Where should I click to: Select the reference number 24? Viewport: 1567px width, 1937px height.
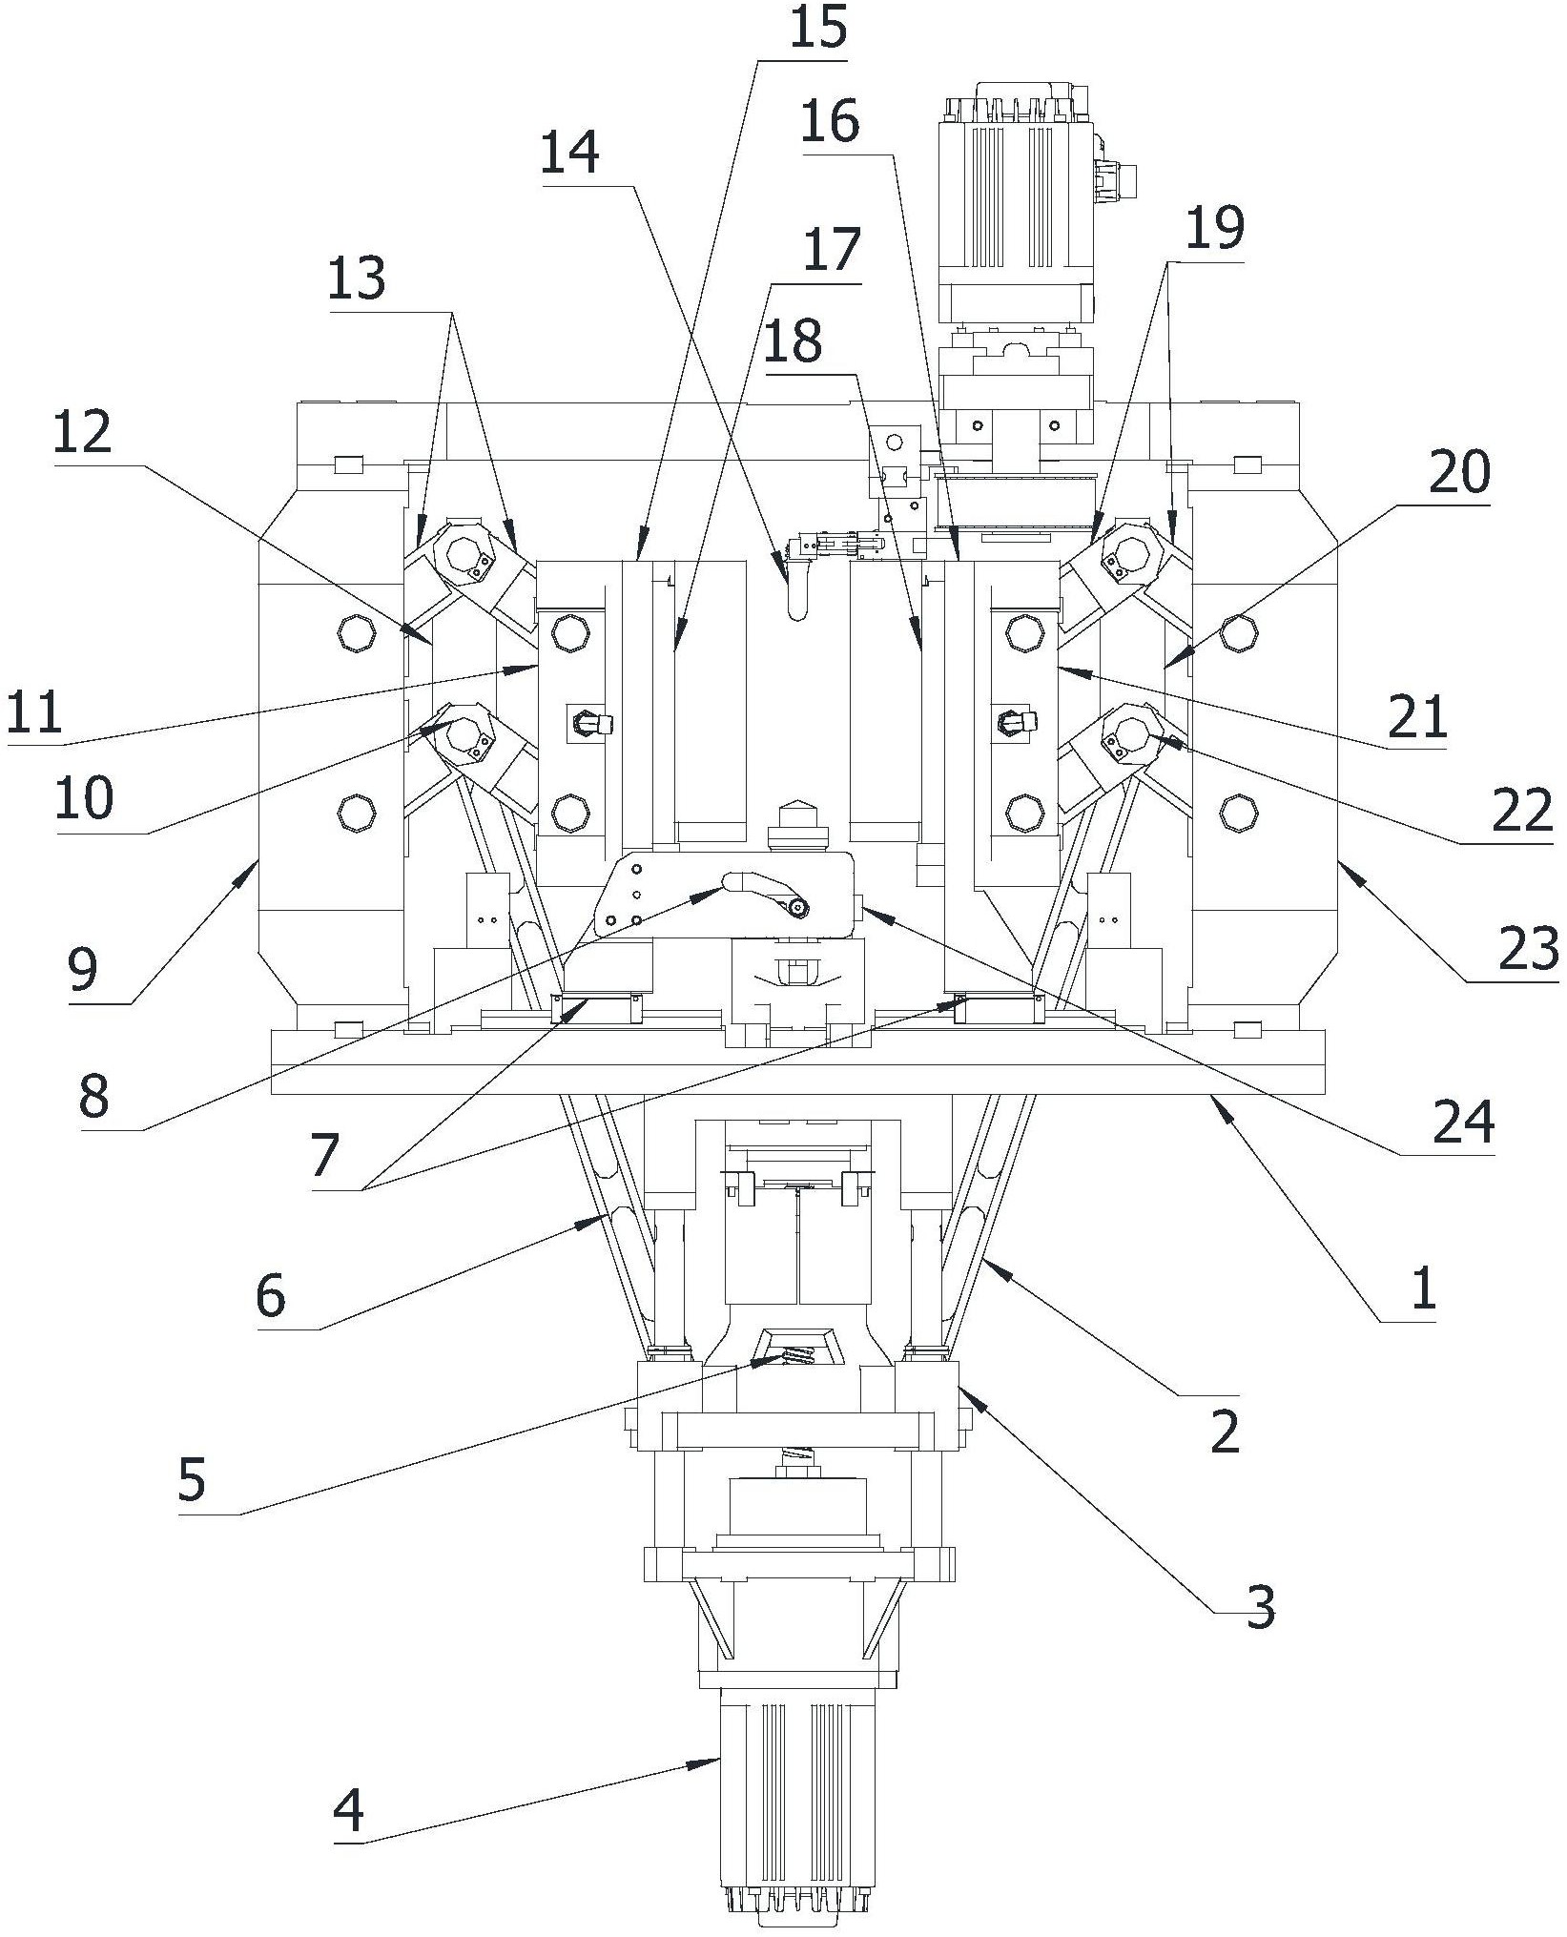pyautogui.click(x=1464, y=1123)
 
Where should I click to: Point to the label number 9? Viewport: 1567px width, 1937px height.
pyautogui.click(x=82, y=970)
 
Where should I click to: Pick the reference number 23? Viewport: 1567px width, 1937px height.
pyautogui.click(x=1527, y=949)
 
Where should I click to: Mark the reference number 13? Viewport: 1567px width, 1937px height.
pyautogui.click(x=356, y=279)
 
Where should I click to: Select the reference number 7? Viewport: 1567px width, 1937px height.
pyautogui.click(x=324, y=1157)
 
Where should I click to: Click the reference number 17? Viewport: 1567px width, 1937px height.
pyautogui.click(x=832, y=251)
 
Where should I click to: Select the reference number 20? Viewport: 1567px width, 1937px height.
pyautogui.click(x=1458, y=472)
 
